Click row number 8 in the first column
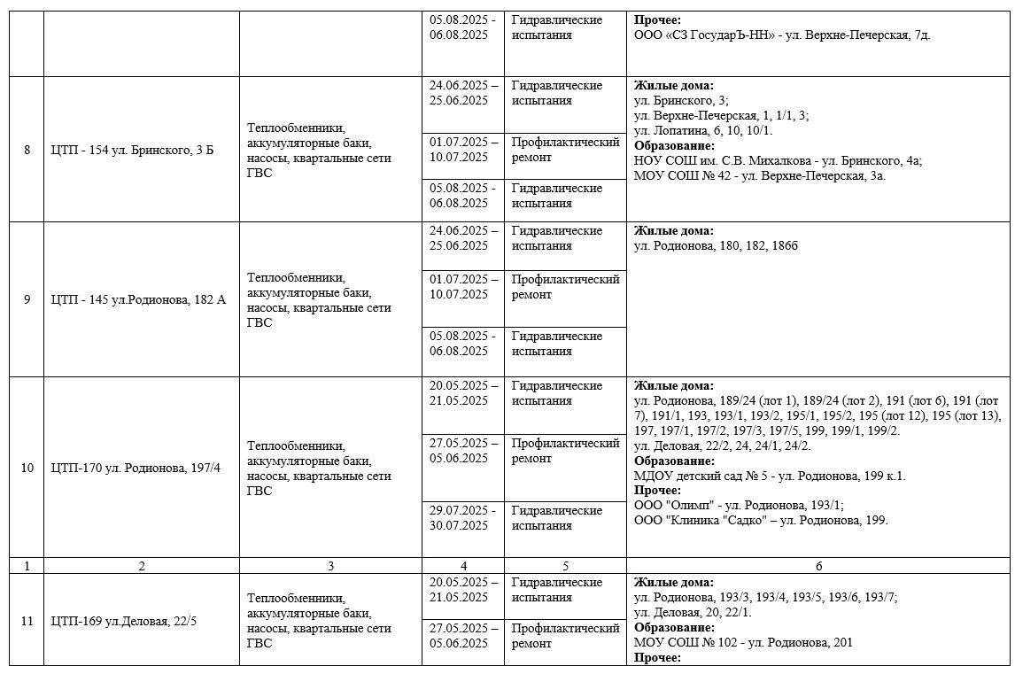point(27,150)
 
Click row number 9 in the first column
point(27,299)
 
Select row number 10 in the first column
point(27,468)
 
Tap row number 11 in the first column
point(27,621)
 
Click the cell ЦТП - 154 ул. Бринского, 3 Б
point(133,150)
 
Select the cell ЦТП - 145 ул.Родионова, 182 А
point(139,299)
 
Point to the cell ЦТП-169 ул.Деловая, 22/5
point(124,621)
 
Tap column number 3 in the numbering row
point(330,566)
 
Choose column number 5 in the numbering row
point(564,566)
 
